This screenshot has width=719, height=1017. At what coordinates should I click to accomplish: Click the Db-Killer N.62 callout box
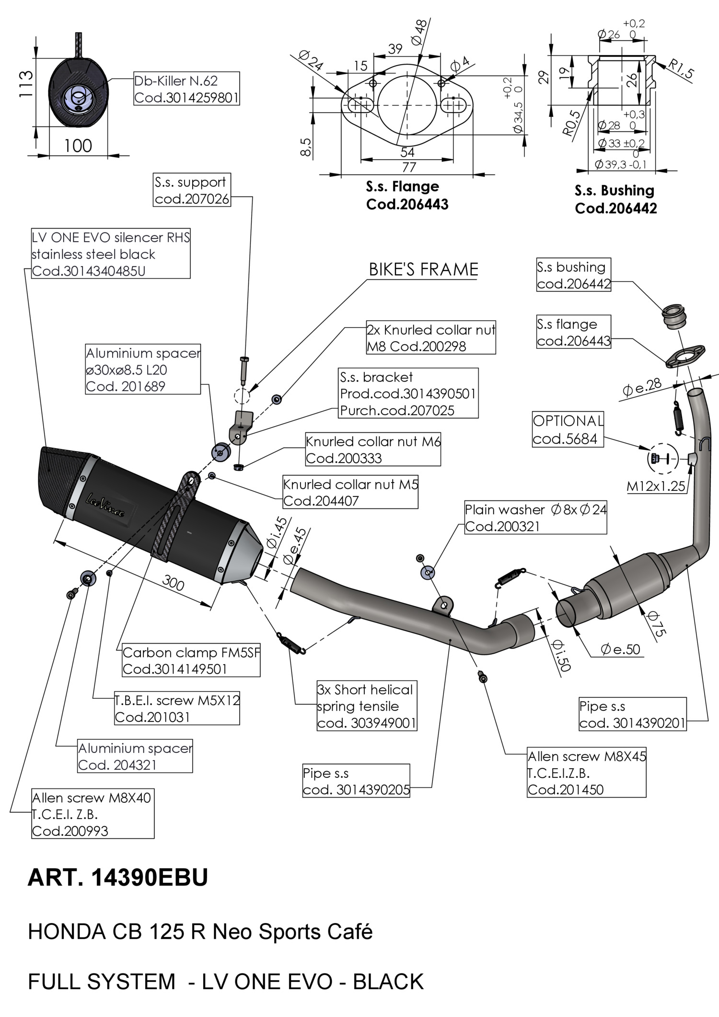[186, 89]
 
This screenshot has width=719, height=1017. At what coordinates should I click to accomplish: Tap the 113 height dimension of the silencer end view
[26, 84]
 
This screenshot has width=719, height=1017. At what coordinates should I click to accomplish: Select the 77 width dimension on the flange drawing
[408, 167]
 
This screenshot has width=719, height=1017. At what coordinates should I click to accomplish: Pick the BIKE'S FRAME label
[423, 269]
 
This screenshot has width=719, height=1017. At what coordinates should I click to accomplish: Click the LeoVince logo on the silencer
[105, 506]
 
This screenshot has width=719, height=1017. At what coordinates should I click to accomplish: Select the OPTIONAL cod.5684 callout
[568, 429]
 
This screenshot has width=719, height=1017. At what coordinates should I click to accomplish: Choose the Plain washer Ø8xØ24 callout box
[535, 518]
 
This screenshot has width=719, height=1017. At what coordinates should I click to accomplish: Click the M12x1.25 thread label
[656, 486]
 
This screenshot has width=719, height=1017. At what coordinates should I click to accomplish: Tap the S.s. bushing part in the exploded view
[674, 316]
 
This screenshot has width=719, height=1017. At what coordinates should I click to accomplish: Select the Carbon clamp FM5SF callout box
[191, 660]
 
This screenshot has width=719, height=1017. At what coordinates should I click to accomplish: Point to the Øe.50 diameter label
[620, 649]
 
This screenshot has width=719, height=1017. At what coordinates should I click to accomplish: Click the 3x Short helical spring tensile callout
[367, 706]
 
